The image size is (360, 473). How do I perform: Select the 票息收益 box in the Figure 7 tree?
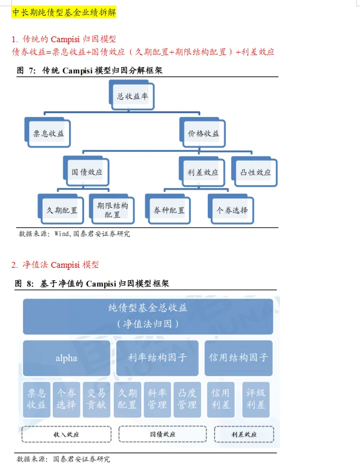click(x=48, y=133)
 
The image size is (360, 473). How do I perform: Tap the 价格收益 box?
click(x=203, y=133)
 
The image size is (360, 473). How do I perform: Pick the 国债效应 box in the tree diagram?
click(x=87, y=172)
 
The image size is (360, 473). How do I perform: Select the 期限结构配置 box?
click(x=112, y=209)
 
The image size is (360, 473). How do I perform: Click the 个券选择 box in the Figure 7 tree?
click(x=232, y=210)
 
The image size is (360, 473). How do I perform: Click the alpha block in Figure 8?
click(x=66, y=358)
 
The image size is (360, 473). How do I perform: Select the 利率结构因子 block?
click(x=157, y=358)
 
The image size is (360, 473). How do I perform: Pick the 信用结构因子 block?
click(x=238, y=358)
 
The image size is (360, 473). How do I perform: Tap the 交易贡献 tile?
click(x=96, y=399)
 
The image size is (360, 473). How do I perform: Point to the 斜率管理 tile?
click(x=157, y=399)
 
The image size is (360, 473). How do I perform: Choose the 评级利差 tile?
click(x=256, y=399)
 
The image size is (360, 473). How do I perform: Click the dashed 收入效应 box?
click(x=66, y=433)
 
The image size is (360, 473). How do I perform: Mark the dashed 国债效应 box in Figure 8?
click(x=163, y=433)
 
